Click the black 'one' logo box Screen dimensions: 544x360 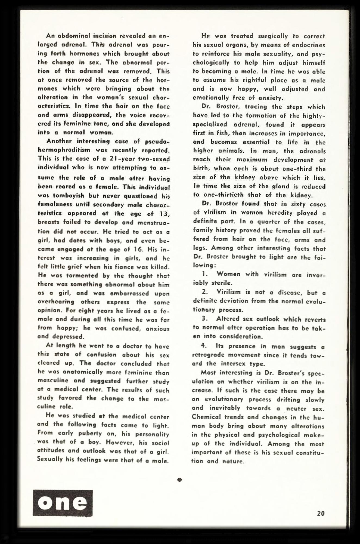click(x=63, y=503)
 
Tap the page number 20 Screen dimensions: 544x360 click(x=321, y=514)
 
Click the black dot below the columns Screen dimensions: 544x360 click(x=179, y=480)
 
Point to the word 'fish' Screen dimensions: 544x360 click(x=218, y=133)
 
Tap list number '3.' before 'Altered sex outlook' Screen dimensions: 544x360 click(x=205, y=319)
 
